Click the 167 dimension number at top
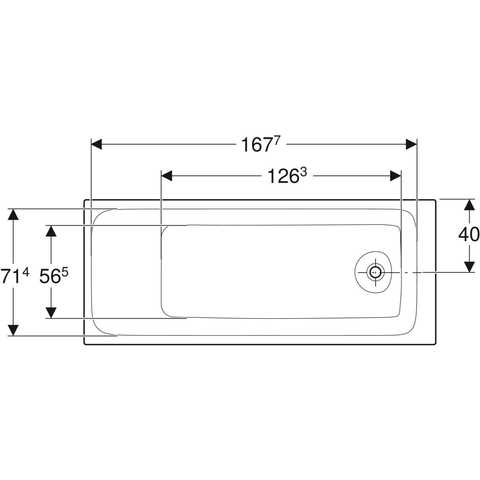click(x=256, y=145)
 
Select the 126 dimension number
click(x=283, y=176)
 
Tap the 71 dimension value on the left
click(x=11, y=277)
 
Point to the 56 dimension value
click(x=49, y=277)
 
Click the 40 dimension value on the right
click(x=469, y=235)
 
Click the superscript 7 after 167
click(x=276, y=142)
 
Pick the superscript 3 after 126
click(x=303, y=173)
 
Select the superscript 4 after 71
click(x=26, y=273)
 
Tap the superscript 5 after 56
click(x=65, y=273)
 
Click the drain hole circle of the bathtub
click(x=376, y=272)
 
